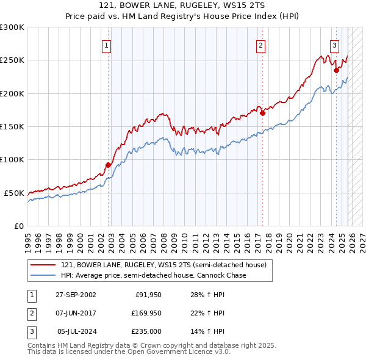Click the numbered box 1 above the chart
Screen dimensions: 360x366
pos(106,45)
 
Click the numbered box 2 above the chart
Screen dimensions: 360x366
pos(260,45)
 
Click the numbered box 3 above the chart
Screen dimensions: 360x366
pos(335,45)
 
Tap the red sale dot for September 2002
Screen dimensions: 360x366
pos(109,165)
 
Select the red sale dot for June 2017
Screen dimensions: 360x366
pos(262,113)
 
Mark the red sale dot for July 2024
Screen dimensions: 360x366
pos(336,70)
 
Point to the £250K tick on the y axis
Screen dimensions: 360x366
pos(12,60)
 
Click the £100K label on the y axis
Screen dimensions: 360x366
pos(12,159)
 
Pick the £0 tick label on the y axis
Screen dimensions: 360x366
pos(18,226)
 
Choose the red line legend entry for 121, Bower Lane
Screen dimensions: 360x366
pos(163,265)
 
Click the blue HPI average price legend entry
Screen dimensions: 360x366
pos(153,276)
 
